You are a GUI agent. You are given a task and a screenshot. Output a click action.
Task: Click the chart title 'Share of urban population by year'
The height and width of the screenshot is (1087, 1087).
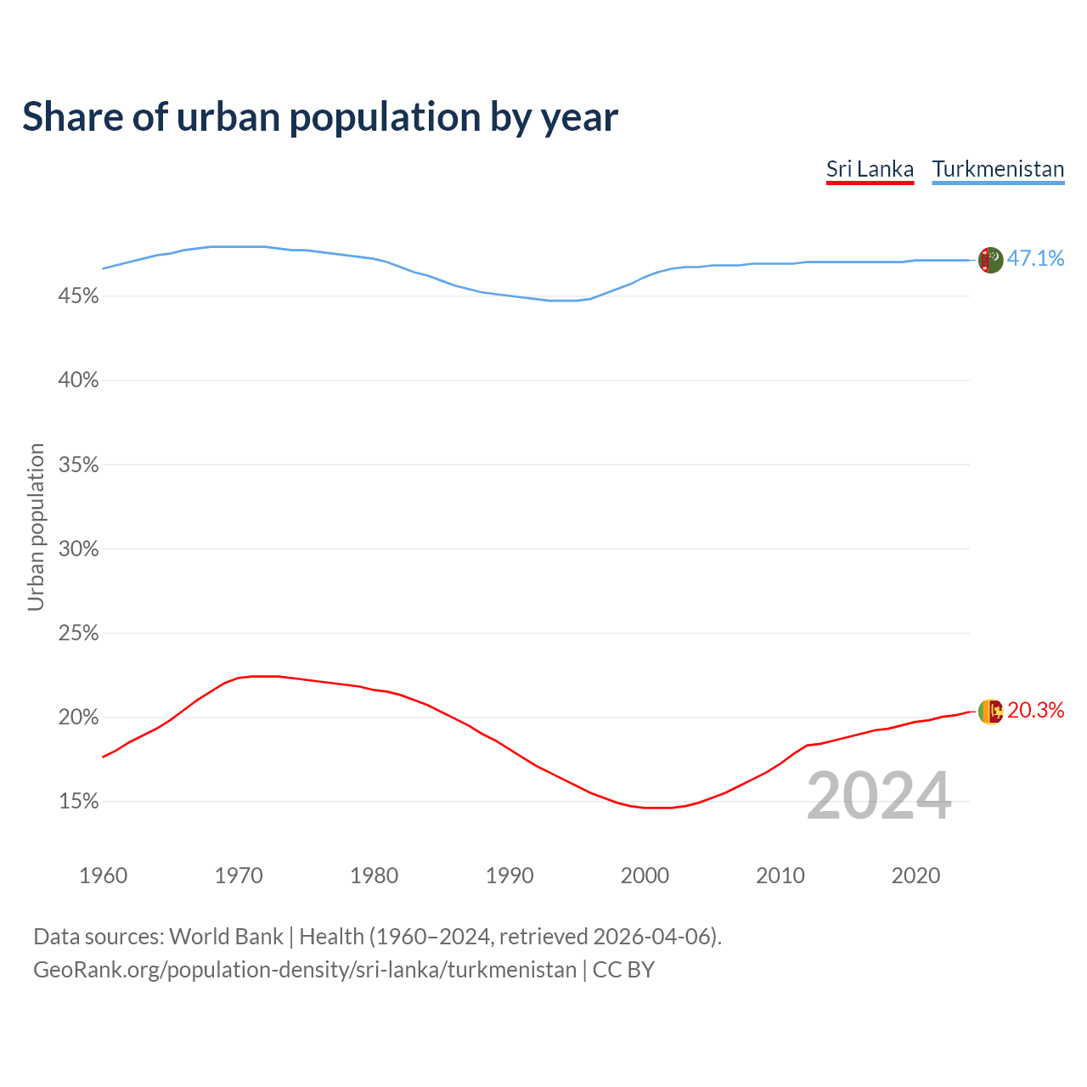320,117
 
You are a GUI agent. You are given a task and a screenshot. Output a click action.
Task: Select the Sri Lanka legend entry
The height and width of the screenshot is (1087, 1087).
870,169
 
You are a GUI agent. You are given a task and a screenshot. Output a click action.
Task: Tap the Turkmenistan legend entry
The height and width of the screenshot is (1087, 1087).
998,169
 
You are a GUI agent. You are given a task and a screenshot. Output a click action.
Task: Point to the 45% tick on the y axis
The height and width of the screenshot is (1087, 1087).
78,296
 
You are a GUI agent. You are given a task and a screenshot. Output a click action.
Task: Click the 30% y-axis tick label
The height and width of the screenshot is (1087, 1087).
78,549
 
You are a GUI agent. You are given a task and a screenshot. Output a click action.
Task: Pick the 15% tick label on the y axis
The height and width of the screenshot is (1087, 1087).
78,802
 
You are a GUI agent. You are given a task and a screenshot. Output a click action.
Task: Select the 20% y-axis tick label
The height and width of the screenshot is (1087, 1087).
78,718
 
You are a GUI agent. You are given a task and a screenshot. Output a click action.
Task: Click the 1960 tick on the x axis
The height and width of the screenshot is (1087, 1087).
104,876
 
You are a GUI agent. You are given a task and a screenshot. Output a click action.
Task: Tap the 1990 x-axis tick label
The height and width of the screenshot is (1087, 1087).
510,876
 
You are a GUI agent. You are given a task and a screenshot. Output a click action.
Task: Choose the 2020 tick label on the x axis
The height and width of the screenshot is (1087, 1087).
915,876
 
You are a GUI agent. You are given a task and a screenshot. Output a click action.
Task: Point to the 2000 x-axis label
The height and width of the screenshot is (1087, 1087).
645,876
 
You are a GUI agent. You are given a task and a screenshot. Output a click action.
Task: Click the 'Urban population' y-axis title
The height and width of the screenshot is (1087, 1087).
36,527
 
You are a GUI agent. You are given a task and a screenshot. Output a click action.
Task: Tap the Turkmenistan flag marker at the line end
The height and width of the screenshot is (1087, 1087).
991,260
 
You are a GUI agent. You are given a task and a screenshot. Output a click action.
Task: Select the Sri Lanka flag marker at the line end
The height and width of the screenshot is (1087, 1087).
991,712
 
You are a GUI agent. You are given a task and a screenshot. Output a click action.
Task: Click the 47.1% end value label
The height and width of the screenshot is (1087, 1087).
1035,259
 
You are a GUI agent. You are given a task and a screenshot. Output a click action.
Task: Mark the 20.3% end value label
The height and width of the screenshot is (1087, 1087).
1035,711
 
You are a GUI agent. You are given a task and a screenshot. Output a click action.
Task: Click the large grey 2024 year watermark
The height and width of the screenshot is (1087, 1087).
879,796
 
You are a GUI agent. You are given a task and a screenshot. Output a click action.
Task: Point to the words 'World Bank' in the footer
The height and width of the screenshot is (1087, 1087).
226,937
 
